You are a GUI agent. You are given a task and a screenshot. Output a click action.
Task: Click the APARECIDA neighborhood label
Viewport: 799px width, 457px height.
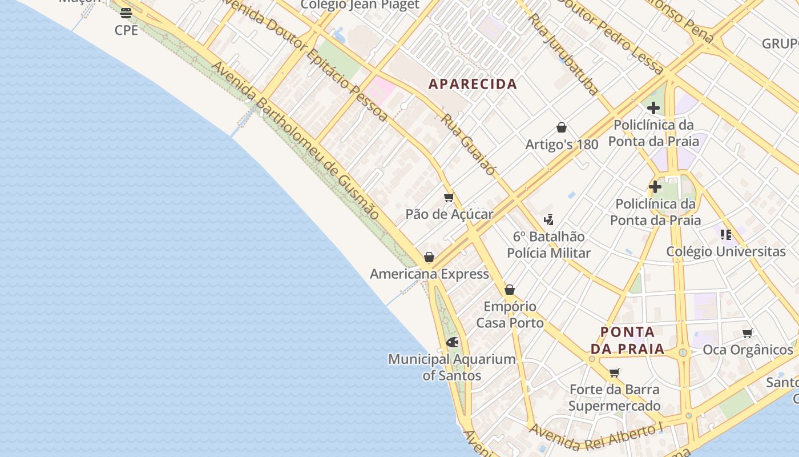[x=473, y=84]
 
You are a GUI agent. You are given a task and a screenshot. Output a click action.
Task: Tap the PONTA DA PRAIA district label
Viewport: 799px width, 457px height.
[x=627, y=340]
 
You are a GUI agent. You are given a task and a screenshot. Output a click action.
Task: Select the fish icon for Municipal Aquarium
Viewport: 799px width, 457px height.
[x=452, y=342]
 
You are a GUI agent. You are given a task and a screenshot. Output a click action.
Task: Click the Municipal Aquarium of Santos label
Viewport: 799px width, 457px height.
[x=451, y=367]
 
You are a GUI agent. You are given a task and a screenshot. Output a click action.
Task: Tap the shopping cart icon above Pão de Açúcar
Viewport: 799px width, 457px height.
[x=449, y=198]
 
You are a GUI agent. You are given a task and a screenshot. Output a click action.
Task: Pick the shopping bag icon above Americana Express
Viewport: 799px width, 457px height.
[x=429, y=258]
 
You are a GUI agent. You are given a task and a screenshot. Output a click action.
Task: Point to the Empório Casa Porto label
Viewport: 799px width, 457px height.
[x=510, y=315]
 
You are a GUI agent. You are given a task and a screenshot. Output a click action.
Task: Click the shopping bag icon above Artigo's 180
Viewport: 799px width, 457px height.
[x=562, y=127]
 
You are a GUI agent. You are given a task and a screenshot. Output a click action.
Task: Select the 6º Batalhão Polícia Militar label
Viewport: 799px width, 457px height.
[x=548, y=244]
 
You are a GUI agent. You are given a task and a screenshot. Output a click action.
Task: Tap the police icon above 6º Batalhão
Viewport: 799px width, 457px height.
[x=548, y=219]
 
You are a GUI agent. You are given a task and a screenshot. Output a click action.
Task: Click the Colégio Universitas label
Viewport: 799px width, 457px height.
[x=726, y=251]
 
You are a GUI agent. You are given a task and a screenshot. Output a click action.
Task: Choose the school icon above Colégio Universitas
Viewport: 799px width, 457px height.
[x=726, y=234]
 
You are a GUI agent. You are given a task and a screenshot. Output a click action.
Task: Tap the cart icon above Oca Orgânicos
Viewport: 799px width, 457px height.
[x=747, y=333]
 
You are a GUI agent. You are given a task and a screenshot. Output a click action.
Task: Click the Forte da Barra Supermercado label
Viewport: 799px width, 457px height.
[x=615, y=398]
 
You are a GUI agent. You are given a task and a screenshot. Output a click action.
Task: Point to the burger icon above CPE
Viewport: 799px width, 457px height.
[x=126, y=13]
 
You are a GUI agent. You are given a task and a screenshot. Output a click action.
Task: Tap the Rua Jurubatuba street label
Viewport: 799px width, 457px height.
[x=563, y=54]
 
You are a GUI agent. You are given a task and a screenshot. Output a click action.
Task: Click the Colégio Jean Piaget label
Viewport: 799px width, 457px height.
[x=360, y=5]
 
